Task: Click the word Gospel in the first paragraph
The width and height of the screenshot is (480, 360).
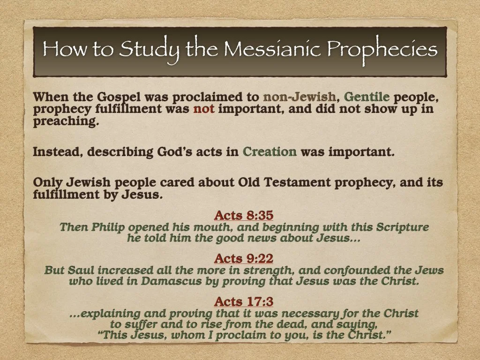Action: click(x=119, y=97)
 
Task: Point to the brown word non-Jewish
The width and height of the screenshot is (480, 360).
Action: click(x=300, y=97)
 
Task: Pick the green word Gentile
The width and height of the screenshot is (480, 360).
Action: click(x=367, y=97)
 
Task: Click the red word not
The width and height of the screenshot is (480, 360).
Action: click(x=203, y=109)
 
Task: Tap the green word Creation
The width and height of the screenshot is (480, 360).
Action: click(x=270, y=152)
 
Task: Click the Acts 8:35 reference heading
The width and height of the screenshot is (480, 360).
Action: click(x=243, y=216)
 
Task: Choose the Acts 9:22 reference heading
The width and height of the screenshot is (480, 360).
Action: click(x=243, y=258)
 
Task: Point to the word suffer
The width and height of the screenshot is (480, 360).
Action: click(x=142, y=324)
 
